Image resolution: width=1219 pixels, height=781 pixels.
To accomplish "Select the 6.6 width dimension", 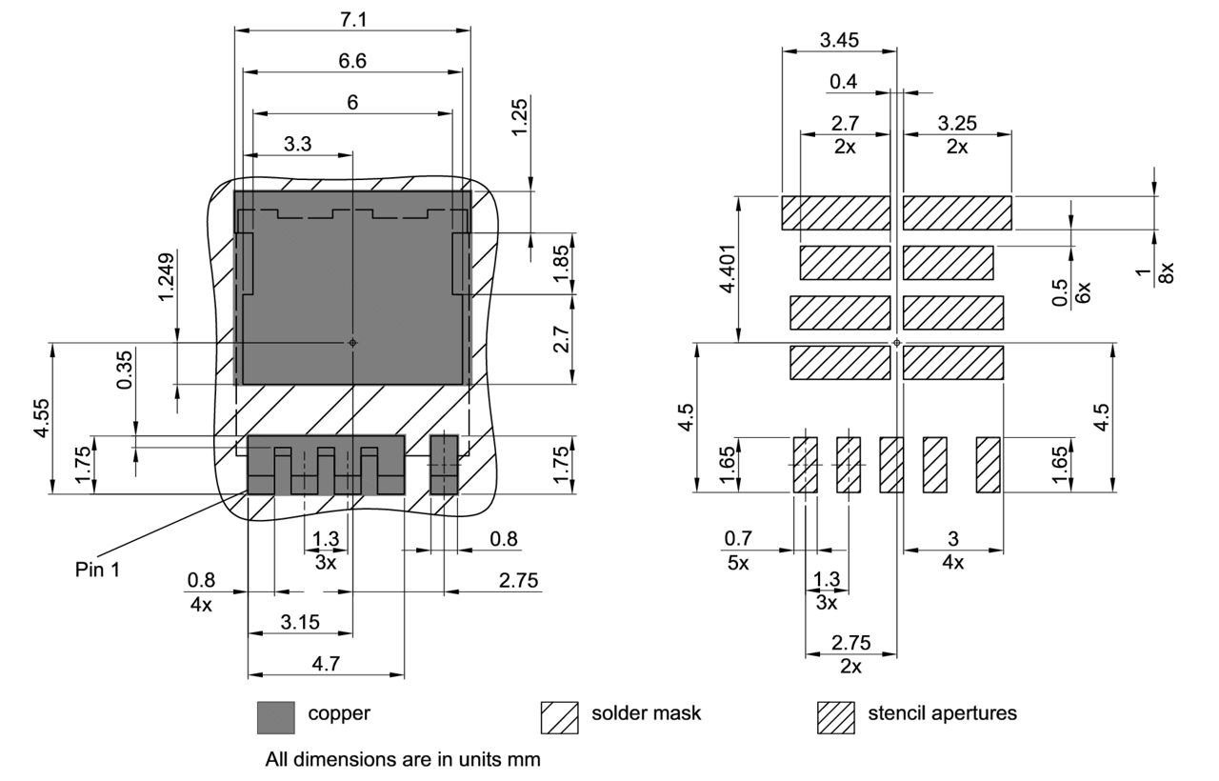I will [x=352, y=60].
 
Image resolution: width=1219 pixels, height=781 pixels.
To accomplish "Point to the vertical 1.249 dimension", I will [x=167, y=277].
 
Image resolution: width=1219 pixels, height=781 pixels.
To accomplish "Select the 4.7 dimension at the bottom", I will [x=326, y=664].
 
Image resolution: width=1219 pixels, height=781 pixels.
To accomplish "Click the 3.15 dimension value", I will [x=300, y=622].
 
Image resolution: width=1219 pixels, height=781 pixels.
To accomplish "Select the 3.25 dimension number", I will [x=957, y=123].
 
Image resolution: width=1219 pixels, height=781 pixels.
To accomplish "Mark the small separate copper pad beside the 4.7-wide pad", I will [x=444, y=464].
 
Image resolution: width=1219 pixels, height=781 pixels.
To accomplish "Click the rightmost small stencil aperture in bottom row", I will [x=988, y=465].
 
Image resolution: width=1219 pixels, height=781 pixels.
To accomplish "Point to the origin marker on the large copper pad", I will [x=352, y=342].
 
